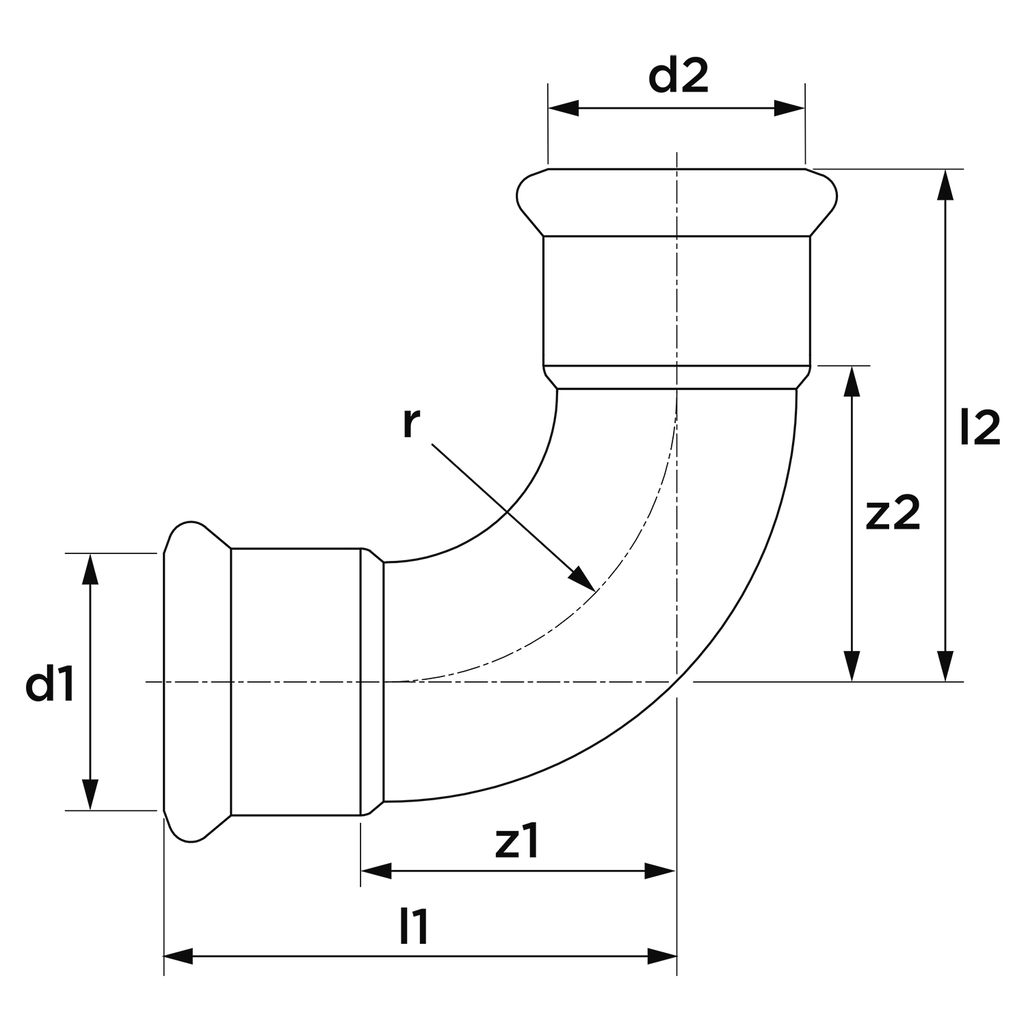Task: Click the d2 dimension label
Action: point(679,77)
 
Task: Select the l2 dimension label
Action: point(980,428)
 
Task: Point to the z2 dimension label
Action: point(893,515)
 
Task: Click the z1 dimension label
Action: point(518,844)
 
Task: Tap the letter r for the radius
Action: point(410,424)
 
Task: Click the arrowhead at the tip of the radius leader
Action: point(583,578)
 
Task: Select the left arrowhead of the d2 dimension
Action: point(564,108)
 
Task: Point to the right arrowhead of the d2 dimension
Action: point(789,108)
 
